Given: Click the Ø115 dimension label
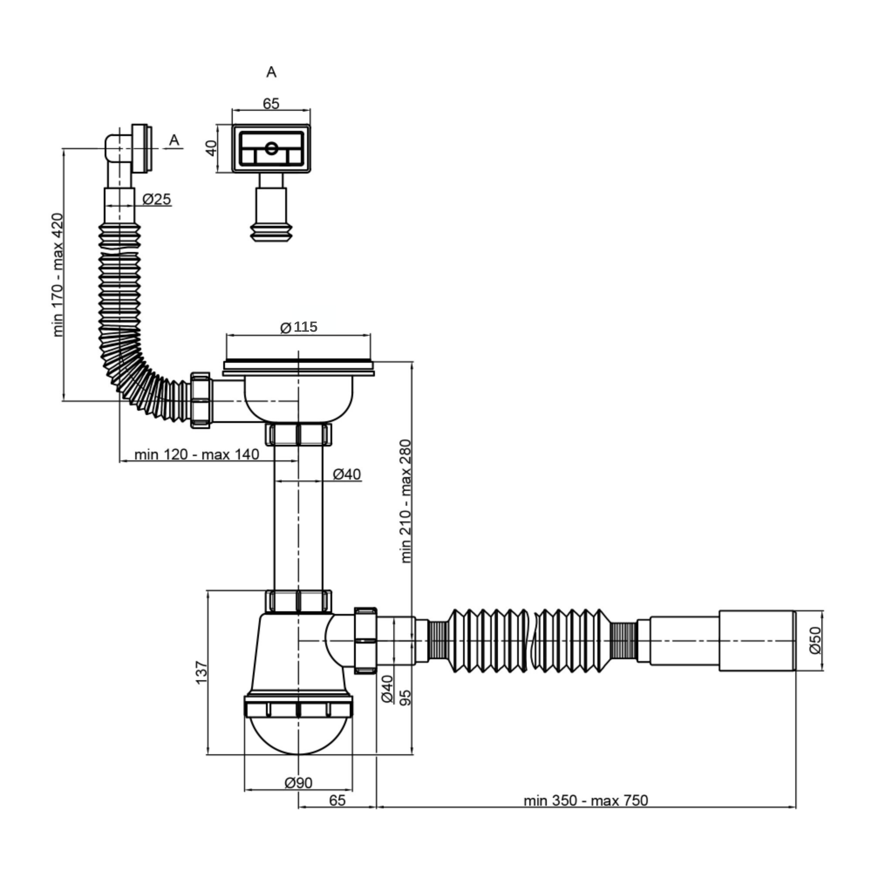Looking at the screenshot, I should coord(299,327).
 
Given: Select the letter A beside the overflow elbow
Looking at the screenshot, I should coord(174,140).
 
